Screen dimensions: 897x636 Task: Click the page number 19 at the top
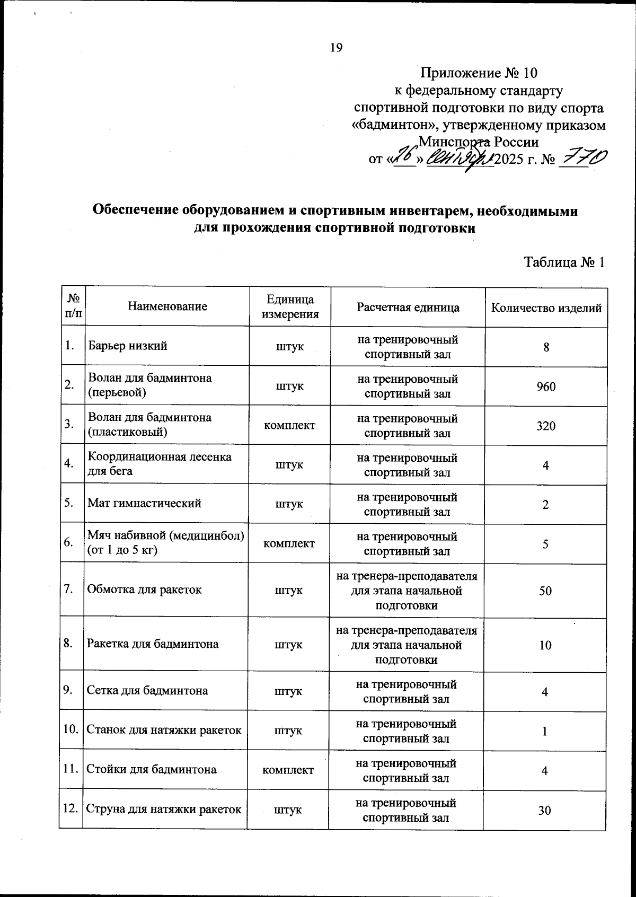(337, 48)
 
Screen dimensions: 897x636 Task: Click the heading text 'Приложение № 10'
(479, 73)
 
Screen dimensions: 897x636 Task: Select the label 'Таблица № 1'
(564, 262)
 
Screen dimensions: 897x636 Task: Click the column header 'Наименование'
(167, 306)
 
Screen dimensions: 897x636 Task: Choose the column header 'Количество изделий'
(546, 308)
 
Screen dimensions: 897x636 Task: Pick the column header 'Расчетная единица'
(408, 307)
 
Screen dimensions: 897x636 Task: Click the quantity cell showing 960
(546, 386)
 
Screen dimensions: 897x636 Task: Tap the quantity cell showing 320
(546, 426)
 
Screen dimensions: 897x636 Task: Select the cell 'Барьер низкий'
(128, 346)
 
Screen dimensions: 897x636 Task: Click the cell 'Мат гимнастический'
(144, 503)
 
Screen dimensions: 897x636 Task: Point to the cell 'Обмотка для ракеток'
(144, 590)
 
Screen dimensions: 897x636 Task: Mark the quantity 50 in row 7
(545, 591)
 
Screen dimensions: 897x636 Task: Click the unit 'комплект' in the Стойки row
(288, 770)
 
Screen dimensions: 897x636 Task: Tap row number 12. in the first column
(70, 809)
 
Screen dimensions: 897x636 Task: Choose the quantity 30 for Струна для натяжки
(544, 810)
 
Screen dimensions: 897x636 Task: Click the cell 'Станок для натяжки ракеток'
(164, 729)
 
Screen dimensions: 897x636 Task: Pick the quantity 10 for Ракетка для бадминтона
(545, 645)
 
